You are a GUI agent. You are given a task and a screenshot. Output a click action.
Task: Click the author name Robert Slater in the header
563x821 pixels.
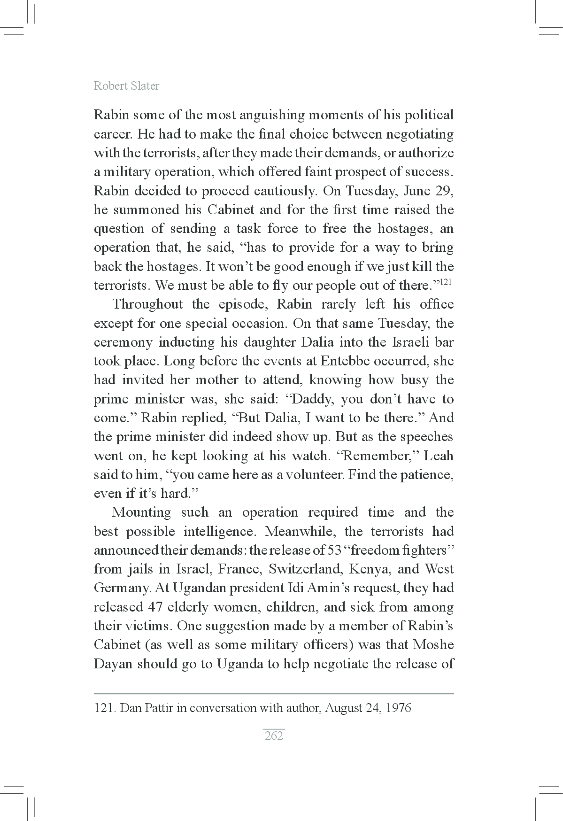tap(126, 86)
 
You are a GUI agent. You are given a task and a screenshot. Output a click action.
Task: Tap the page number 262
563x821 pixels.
tap(274, 736)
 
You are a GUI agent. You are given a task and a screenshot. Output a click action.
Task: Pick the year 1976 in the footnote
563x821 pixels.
tap(398, 708)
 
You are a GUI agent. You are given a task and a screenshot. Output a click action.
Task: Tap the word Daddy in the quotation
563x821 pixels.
tap(313, 399)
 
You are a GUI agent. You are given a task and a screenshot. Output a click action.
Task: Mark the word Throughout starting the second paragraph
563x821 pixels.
tap(147, 304)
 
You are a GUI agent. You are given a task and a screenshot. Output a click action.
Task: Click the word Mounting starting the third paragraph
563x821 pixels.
tap(141, 512)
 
